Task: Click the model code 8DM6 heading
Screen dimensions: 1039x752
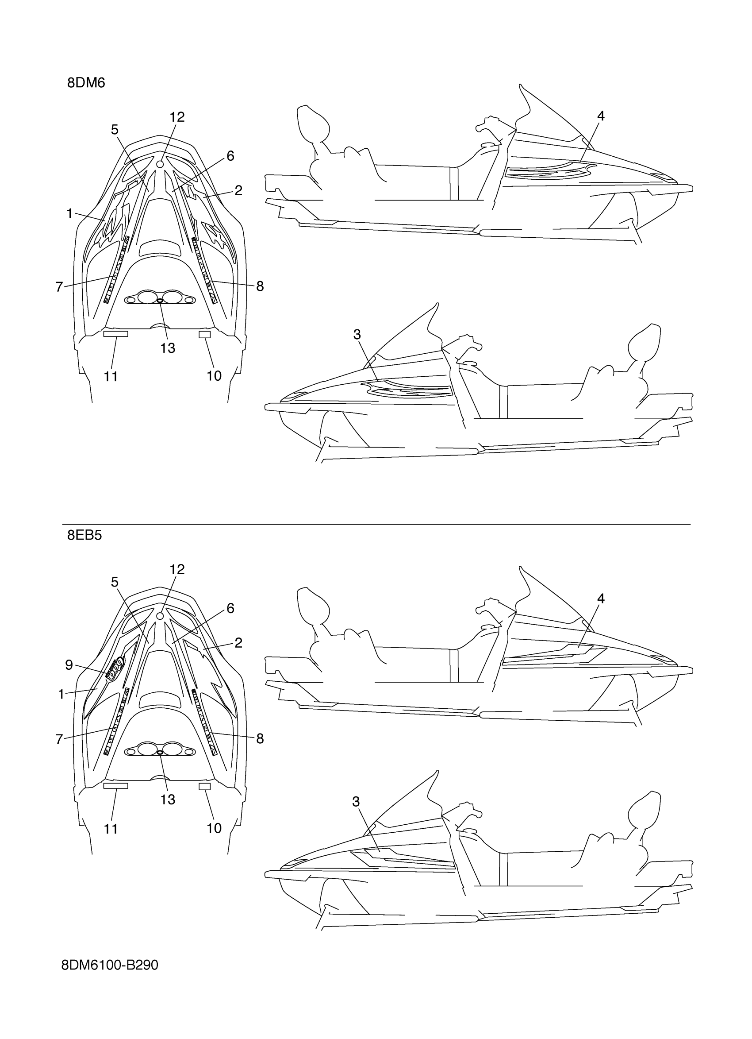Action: pos(86,83)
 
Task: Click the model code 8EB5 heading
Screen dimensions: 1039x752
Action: pos(84,535)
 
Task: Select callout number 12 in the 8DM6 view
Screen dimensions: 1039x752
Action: pos(177,117)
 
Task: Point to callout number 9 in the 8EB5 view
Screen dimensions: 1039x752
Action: pos(69,665)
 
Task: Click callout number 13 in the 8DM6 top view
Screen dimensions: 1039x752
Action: pos(168,348)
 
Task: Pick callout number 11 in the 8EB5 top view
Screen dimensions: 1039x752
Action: pos(111,829)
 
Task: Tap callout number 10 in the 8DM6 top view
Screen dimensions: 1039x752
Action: pos(214,376)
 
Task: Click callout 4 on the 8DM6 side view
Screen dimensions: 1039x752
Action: pos(601,116)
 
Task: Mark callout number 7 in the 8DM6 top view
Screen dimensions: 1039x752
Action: pos(59,287)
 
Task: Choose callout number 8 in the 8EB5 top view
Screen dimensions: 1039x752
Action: pos(260,738)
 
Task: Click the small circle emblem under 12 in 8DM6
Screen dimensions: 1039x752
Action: pos(160,163)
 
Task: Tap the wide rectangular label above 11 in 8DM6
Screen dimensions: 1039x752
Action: pos(115,334)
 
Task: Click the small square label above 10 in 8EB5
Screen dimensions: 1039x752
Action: pos(205,786)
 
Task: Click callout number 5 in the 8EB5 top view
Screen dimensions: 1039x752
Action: pos(115,582)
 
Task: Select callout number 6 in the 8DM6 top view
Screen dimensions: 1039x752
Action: pos(230,156)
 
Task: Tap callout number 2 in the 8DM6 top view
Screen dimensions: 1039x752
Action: pos(238,190)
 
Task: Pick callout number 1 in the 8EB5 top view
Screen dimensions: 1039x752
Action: pos(61,695)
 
